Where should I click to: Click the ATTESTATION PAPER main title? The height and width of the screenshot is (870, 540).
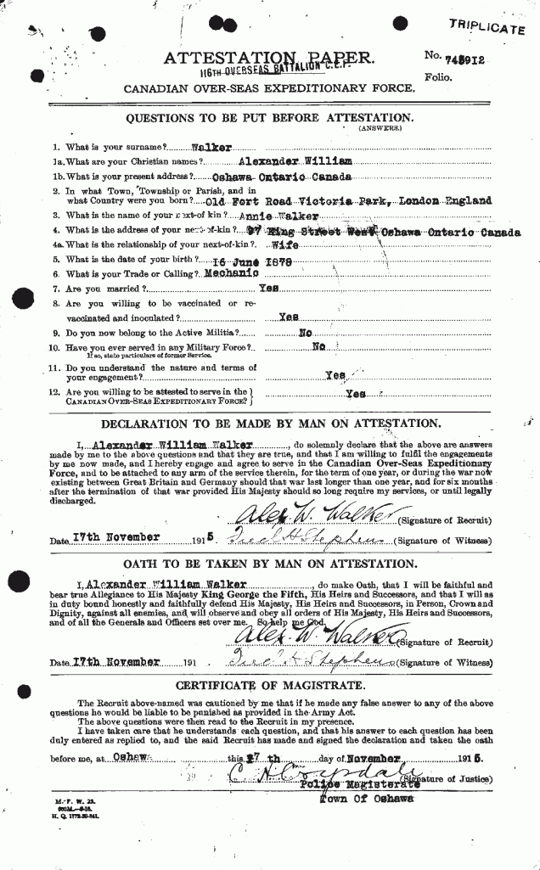click(267, 57)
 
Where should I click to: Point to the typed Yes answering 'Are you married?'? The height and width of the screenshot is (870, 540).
click(269, 289)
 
